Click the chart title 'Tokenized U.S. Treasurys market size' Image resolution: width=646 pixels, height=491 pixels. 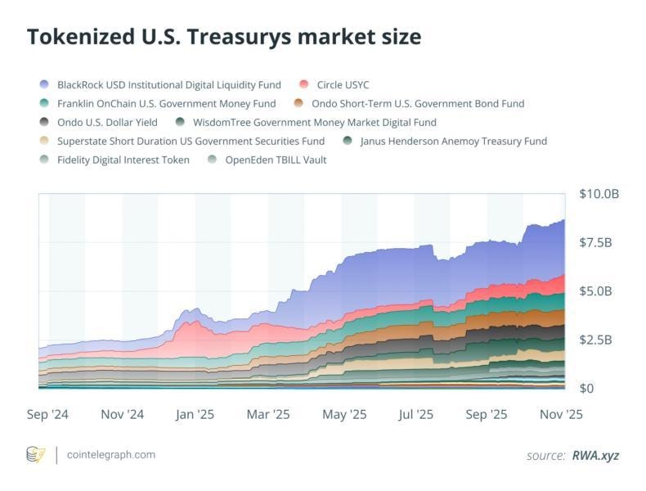point(224,37)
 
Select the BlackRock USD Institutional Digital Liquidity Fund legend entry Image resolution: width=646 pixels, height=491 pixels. point(168,84)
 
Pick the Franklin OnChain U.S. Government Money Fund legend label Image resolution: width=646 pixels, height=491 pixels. point(166,103)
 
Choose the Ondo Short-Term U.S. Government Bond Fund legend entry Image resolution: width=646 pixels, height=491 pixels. point(418,103)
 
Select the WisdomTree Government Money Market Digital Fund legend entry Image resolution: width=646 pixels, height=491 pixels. point(315,122)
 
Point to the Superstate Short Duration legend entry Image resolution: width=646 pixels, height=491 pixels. point(191,141)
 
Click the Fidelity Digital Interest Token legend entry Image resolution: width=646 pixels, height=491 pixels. point(123,160)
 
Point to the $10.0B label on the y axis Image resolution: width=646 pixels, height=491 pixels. point(599,194)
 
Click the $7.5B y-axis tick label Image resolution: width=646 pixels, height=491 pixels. point(596,242)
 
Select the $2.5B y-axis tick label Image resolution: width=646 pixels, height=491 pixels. point(596,340)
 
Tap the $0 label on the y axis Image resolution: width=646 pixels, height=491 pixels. point(585,388)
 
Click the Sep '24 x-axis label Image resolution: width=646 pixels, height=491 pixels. point(48,415)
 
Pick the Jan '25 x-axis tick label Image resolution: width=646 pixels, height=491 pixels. point(195,415)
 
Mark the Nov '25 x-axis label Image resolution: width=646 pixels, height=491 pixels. point(562,415)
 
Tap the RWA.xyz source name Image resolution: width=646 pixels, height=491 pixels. point(595,455)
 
